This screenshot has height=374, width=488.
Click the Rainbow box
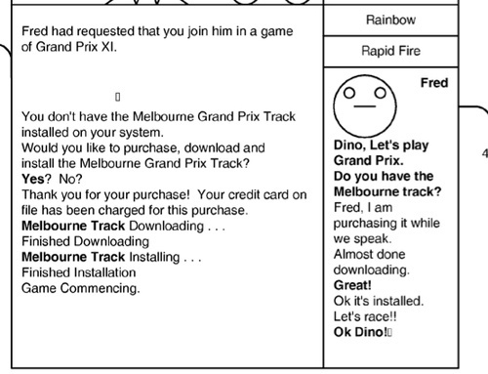tap(390, 21)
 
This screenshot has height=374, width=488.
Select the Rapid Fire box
tap(390, 52)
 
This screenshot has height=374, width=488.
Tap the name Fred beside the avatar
tap(434, 83)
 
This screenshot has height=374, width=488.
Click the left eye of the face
tap(349, 93)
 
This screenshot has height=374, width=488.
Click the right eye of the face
tap(380, 93)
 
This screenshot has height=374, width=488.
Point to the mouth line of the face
tap(365, 106)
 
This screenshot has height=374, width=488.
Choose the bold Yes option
tap(33, 179)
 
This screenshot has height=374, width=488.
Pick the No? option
tap(70, 179)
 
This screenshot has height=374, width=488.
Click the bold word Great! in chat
tap(352, 285)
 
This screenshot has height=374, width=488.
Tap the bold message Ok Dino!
tap(360, 332)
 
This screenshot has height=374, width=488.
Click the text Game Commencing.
tap(81, 288)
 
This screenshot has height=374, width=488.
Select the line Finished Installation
tap(79, 272)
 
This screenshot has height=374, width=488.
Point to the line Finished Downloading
tap(85, 241)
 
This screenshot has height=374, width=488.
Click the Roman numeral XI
tap(108, 47)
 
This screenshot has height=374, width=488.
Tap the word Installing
tap(154, 257)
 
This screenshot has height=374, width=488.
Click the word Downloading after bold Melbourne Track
tap(167, 226)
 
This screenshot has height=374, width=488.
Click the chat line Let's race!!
tap(365, 316)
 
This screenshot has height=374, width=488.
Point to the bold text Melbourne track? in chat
tap(387, 191)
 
